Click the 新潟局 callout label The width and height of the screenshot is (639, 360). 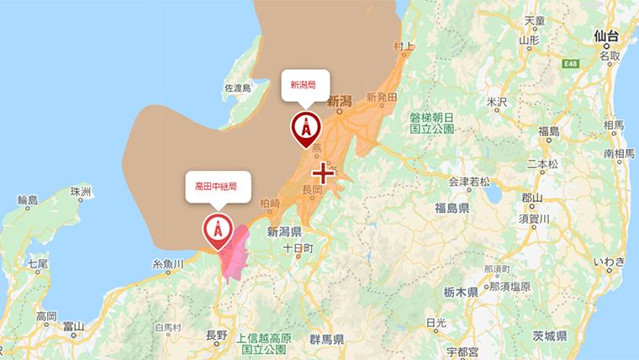pos(304,85)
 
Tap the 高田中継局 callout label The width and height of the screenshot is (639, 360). pos(217,186)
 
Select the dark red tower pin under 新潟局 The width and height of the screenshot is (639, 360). pos(305,129)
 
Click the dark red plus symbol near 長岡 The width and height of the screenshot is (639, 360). pos(323,173)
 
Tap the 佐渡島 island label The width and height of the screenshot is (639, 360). pos(238,88)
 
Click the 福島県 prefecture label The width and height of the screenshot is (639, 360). pos(452,207)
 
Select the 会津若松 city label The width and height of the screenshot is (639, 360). pos(469,181)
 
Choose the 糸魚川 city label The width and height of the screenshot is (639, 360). pos(167,265)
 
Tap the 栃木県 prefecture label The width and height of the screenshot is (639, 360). pos(462,292)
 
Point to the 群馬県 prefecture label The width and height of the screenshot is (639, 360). pos(326,340)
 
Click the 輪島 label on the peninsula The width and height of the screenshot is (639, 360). pos(28,200)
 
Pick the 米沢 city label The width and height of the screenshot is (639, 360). pos(499,102)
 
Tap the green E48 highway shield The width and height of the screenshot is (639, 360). pos(572,63)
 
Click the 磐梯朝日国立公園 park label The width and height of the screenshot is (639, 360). pos(432,123)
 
